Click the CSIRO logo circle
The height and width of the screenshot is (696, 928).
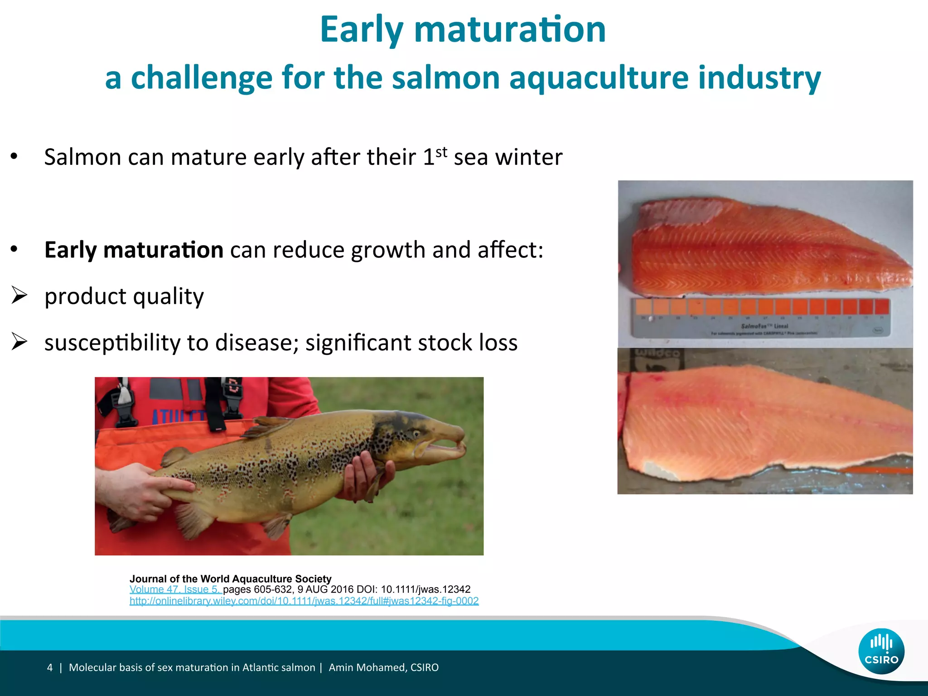point(881,651)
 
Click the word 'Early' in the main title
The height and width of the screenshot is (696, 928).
point(361,30)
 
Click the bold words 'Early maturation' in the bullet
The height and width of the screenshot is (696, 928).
point(134,250)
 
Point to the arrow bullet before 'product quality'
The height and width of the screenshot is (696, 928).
point(19,295)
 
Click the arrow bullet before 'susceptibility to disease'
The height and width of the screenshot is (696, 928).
point(19,342)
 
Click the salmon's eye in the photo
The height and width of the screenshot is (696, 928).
point(416,434)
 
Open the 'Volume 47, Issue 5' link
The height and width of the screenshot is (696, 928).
point(175,590)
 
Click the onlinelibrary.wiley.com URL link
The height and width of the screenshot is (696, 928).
point(304,601)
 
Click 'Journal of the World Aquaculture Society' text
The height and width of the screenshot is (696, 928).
point(230,579)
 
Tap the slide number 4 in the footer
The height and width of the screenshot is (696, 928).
point(50,667)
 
